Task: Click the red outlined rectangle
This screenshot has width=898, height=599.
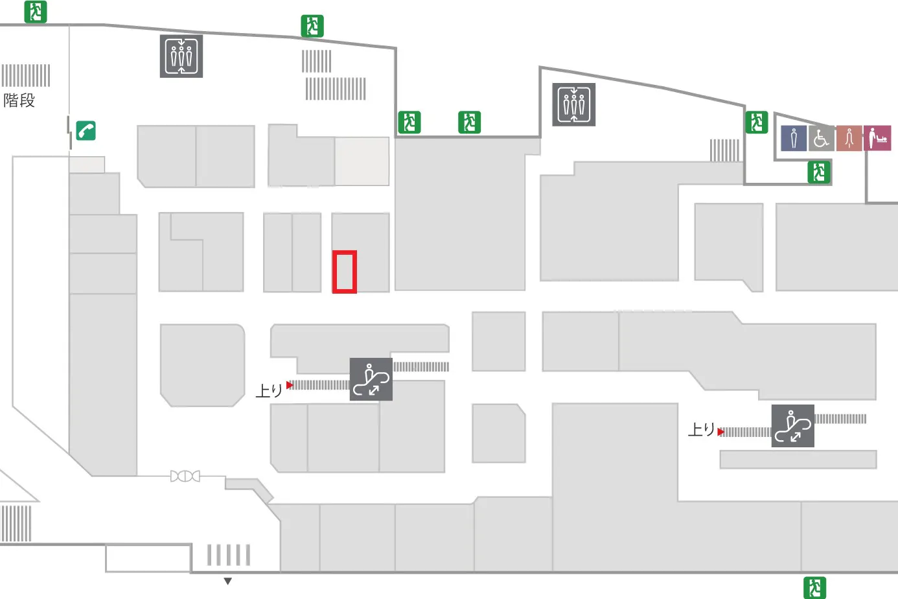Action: tap(345, 272)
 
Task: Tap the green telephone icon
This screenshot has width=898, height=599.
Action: tap(86, 130)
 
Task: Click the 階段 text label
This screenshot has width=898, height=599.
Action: tap(19, 100)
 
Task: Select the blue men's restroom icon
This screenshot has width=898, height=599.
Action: tap(794, 138)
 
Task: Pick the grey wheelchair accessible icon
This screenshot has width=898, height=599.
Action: tap(821, 138)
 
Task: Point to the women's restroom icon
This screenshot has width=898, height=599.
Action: tap(849, 138)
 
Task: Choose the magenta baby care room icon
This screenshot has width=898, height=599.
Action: tap(877, 138)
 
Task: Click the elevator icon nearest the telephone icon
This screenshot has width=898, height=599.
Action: tap(181, 56)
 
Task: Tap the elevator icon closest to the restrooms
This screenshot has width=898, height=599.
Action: tap(573, 104)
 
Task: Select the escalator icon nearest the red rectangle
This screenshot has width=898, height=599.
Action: tap(371, 379)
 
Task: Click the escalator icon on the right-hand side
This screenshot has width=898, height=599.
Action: tap(792, 426)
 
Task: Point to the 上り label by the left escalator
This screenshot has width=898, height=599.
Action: tap(269, 390)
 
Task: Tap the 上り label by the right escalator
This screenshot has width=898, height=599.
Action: tap(701, 429)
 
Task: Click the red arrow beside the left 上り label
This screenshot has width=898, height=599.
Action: tap(290, 385)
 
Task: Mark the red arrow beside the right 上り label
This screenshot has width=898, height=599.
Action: tap(720, 432)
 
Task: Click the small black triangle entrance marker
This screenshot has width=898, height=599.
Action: tap(227, 581)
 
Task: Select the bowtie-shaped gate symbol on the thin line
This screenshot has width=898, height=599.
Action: tap(185, 476)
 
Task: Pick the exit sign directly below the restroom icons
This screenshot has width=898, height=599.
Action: tap(819, 172)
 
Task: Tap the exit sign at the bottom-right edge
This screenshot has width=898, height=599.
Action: tap(815, 587)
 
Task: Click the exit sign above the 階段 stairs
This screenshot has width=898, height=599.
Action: tap(36, 12)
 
